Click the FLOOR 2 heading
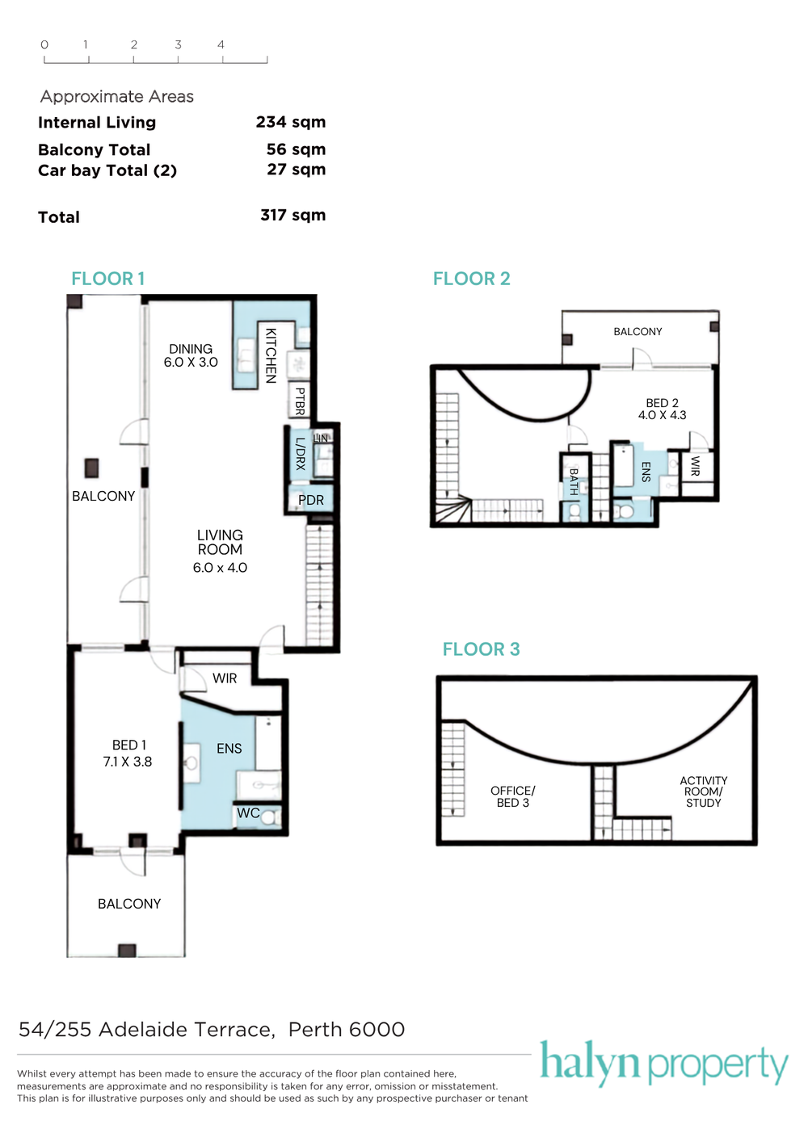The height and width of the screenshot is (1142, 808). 471,279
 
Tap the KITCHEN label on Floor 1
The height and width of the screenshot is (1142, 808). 271,355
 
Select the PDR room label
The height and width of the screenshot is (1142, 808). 310,500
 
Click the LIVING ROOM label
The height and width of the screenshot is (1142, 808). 220,543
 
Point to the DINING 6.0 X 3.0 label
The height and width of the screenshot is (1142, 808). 191,356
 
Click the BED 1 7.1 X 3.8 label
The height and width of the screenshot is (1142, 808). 128,753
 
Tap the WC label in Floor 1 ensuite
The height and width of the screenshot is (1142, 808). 248,812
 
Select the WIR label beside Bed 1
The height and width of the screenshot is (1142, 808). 225,678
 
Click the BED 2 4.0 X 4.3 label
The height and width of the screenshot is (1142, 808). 662,409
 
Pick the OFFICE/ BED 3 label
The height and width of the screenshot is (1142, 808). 512,797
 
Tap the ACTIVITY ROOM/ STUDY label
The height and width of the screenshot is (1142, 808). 704,791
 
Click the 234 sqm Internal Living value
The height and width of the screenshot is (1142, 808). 291,123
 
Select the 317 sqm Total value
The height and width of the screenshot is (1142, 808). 292,215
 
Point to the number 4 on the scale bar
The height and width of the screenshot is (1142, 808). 221,45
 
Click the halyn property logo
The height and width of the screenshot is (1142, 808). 664,1063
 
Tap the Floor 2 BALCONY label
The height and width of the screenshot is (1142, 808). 638,332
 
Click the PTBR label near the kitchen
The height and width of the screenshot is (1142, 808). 300,401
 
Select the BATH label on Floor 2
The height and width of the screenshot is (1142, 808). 574,482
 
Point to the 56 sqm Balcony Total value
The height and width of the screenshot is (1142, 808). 296,149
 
